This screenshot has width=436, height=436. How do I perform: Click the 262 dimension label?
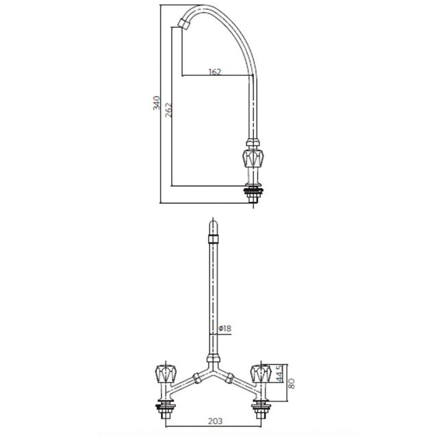click(169, 111)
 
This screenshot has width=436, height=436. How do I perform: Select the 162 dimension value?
click(215, 72)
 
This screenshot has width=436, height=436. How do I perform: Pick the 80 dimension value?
click(292, 383)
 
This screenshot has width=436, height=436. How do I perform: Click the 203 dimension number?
click(215, 421)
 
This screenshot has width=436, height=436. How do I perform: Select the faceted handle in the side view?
click(252, 158)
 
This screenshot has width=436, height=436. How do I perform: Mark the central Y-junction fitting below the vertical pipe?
click(212, 362)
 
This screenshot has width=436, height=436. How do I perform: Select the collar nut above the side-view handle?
click(252, 143)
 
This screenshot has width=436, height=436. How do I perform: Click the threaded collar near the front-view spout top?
click(212, 238)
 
